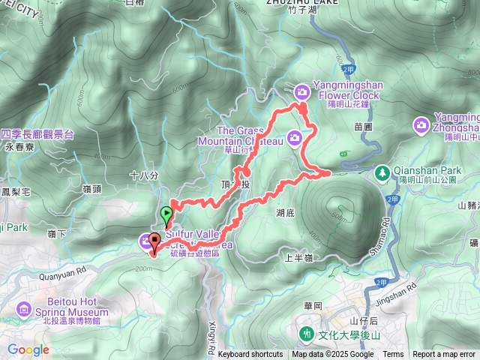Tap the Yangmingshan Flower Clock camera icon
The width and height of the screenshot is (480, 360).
tap(301, 91)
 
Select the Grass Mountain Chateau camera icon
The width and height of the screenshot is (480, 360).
tap(295, 136)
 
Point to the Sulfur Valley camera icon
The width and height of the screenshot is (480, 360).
tap(144, 240)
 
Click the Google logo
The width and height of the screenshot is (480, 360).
tap(28, 349)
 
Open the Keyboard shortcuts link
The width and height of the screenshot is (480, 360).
tap(250, 355)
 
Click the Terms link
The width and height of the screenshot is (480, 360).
tap(393, 355)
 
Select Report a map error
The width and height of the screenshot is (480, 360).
tap(444, 355)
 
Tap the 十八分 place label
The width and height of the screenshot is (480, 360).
tap(144, 175)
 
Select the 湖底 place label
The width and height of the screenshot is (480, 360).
tap(286, 212)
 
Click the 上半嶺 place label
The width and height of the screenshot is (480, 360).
tap(299, 256)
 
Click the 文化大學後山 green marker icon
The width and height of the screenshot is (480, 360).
tap(306, 333)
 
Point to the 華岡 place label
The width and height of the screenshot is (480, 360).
tap(313, 306)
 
